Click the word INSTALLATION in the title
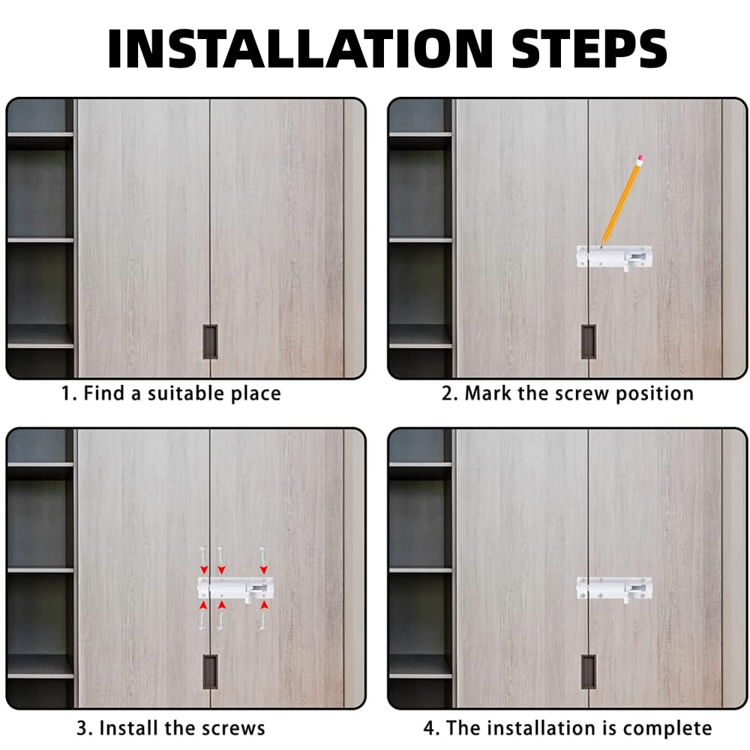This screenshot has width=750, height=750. click(x=300, y=49)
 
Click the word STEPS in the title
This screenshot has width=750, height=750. click(x=589, y=49)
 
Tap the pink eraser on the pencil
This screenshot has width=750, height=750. click(x=640, y=159)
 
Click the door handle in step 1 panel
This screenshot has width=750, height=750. click(x=210, y=342)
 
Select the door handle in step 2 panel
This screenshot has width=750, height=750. click(x=588, y=342)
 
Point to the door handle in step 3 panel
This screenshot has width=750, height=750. click(x=210, y=672)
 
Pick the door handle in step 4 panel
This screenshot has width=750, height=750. click(x=588, y=672)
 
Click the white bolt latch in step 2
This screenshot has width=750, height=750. click(x=614, y=258)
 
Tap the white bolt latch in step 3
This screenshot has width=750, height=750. click(x=233, y=589)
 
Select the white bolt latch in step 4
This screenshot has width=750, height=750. click(x=614, y=589)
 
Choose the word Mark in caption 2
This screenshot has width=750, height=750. click(x=488, y=393)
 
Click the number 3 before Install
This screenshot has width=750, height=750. click(x=82, y=728)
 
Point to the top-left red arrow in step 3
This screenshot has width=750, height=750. click(x=204, y=570)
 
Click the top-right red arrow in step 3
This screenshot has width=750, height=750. click(x=263, y=570)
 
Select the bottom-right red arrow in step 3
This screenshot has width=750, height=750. click(x=263, y=606)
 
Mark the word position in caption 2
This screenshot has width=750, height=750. click(x=654, y=394)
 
